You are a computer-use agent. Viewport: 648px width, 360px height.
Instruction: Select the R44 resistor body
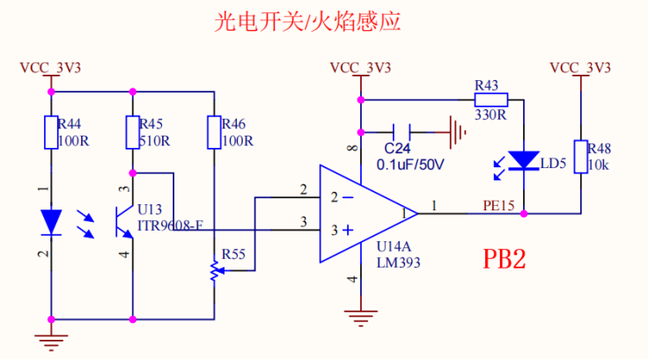click(x=52, y=133)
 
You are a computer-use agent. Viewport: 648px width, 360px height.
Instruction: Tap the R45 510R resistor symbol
click(x=132, y=133)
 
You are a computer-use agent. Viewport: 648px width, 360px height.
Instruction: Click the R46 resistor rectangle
click(x=213, y=133)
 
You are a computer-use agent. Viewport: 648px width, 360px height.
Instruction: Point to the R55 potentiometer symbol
click(x=213, y=271)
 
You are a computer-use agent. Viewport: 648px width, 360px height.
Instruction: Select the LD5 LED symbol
click(x=526, y=160)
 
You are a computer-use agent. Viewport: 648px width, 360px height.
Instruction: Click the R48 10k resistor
click(x=579, y=158)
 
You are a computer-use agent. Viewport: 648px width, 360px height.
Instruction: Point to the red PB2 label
click(x=504, y=259)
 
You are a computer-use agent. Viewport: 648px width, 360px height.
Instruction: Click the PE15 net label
click(x=499, y=204)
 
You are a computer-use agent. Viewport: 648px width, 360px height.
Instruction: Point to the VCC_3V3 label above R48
click(x=579, y=68)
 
